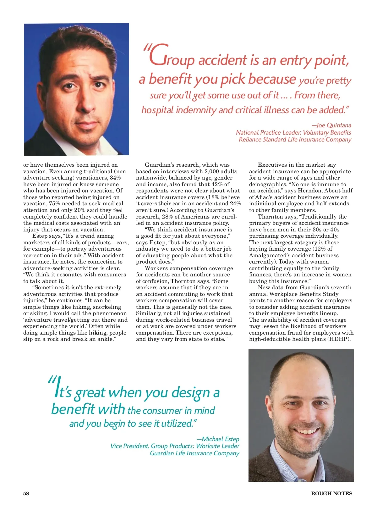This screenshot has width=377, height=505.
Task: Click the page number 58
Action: pyautogui.click(x=26, y=493)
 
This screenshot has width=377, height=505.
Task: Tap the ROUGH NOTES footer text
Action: pyautogui.click(x=331, y=493)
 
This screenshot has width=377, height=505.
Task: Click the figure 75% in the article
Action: pyautogui.click(x=54, y=203)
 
